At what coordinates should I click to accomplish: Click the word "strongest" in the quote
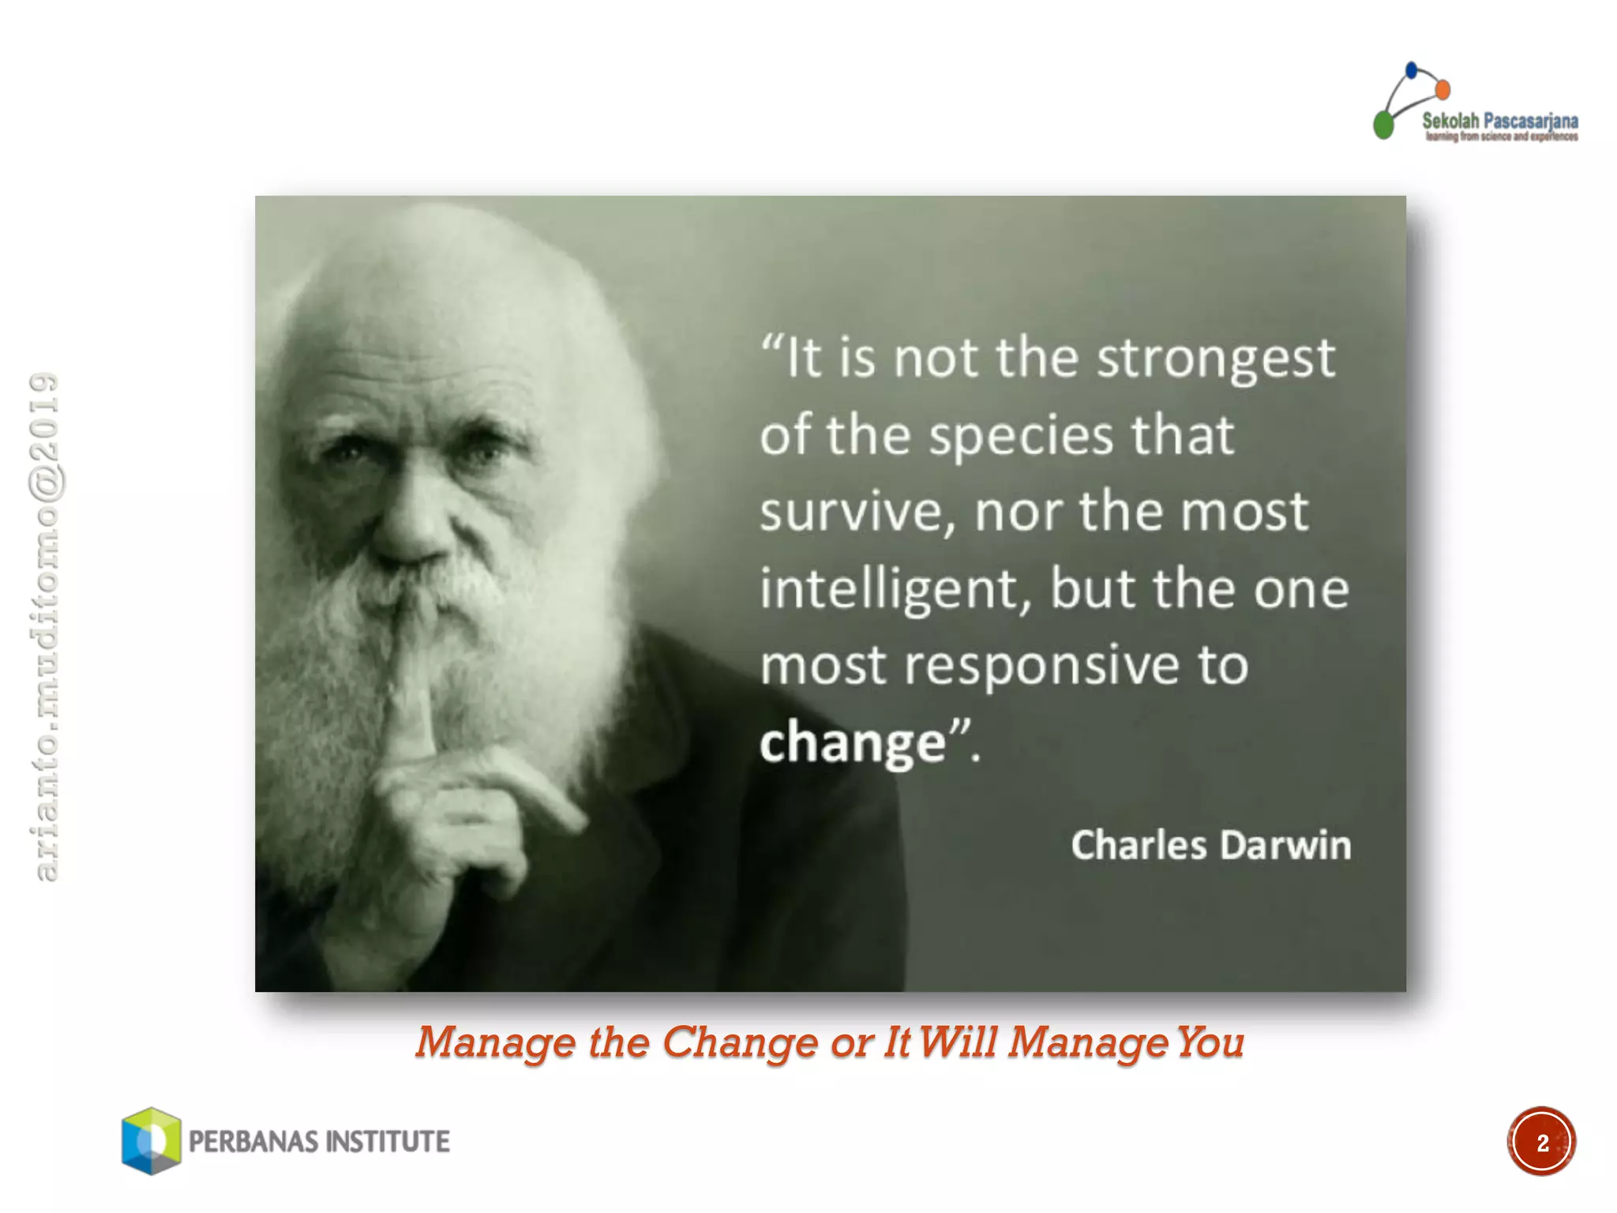tap(1216, 359)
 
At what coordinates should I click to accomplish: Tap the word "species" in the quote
tap(1019, 437)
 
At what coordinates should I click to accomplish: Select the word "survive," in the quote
tap(857, 513)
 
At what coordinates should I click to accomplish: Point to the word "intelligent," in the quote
tap(895, 590)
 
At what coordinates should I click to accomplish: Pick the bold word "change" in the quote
tap(853, 742)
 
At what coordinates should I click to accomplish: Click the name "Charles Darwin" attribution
tap(1210, 845)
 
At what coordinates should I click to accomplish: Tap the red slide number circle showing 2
tap(1541, 1142)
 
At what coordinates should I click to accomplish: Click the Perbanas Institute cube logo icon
tap(151, 1140)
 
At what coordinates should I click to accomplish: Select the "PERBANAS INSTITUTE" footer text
tap(319, 1142)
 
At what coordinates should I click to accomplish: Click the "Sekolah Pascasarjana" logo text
tap(1499, 122)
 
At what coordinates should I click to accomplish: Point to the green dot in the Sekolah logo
tap(1383, 125)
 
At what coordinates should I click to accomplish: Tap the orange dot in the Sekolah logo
tap(1443, 89)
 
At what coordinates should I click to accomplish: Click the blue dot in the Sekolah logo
tap(1412, 70)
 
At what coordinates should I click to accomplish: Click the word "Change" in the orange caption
tap(740, 1042)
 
